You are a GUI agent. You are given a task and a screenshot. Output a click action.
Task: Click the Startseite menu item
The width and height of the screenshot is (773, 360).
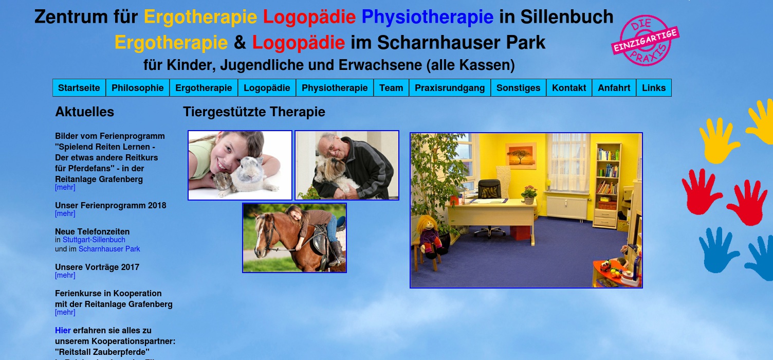(79, 88)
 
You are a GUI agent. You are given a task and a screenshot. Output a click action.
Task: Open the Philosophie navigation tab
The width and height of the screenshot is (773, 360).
(137, 88)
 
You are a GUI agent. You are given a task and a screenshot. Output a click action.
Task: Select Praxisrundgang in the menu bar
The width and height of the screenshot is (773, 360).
(450, 88)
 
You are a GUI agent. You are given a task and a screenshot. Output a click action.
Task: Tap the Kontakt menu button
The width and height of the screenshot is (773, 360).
(569, 88)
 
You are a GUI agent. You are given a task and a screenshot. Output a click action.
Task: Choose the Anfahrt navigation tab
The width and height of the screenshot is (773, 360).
(614, 88)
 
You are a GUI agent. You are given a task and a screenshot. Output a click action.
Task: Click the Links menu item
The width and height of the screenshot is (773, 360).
(654, 88)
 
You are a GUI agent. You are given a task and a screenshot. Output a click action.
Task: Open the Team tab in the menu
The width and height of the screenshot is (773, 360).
(391, 88)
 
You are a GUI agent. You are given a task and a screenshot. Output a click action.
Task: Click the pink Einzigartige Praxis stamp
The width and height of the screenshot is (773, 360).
(645, 41)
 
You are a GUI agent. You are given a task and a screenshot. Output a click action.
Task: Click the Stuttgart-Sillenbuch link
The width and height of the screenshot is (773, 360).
(94, 240)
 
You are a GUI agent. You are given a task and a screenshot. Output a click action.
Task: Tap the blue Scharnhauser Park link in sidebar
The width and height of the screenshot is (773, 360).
(109, 249)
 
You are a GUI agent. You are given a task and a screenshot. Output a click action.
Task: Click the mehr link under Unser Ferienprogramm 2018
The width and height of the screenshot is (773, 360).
(65, 213)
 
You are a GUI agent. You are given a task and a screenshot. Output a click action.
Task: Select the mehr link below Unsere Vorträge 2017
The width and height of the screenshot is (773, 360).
(65, 275)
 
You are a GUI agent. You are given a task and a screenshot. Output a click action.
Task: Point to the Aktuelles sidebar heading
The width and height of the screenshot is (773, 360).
(84, 112)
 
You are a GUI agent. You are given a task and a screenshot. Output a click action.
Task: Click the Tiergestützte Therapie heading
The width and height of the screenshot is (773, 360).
(254, 112)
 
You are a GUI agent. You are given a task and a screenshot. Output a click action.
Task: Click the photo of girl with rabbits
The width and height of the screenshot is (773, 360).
(240, 165)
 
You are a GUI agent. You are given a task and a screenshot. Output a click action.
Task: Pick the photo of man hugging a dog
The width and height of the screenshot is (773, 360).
(347, 165)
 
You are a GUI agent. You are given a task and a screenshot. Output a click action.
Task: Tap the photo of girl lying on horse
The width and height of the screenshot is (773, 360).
(295, 238)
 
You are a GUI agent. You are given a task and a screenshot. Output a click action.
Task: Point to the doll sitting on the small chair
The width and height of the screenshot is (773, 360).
(429, 234)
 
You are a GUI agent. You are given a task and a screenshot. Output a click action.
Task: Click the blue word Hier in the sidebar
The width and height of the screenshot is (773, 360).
(63, 330)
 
